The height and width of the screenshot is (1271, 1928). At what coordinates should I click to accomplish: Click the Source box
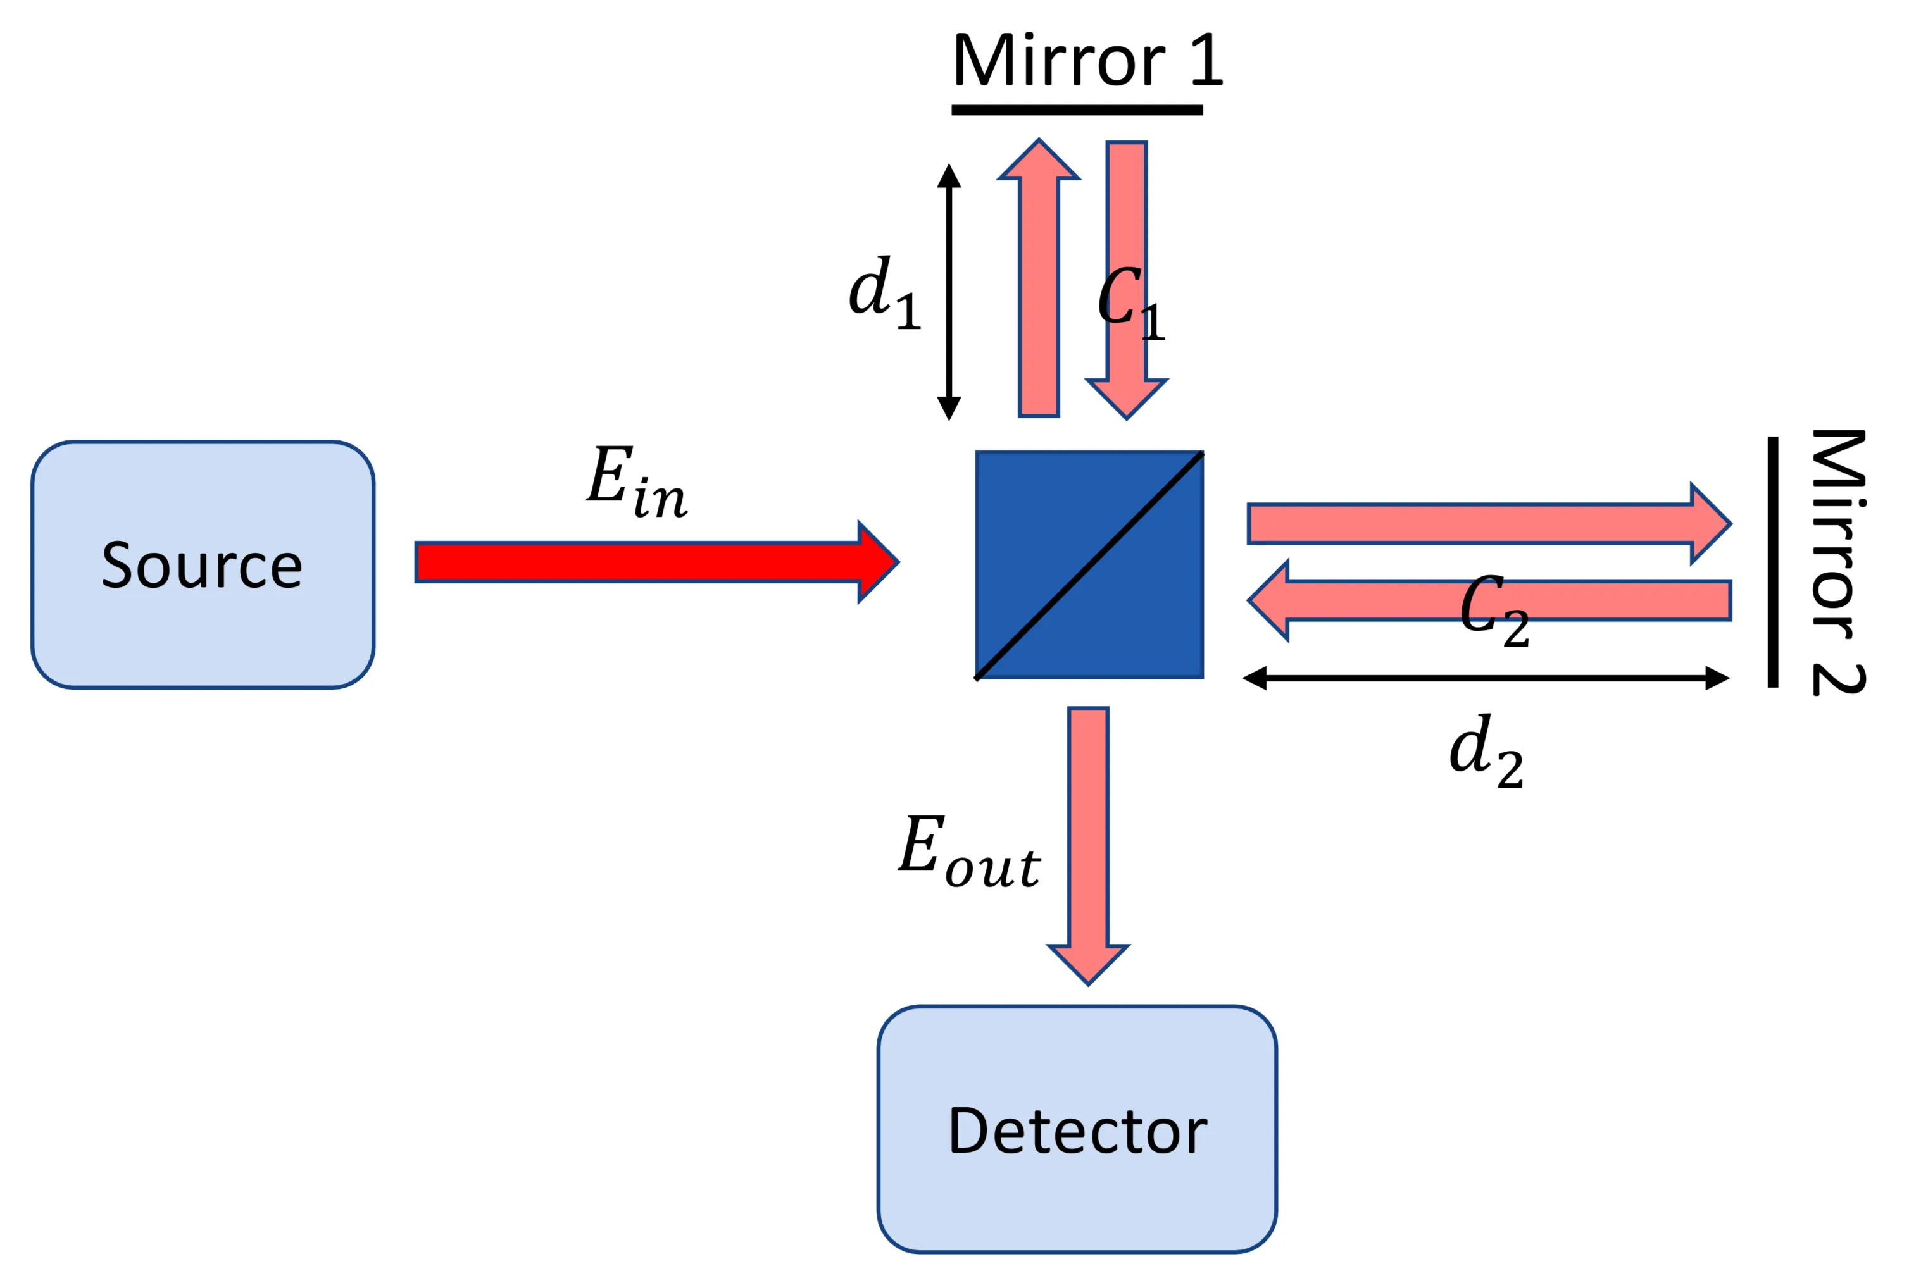pos(202,564)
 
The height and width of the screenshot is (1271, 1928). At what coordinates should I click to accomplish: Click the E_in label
pos(637,481)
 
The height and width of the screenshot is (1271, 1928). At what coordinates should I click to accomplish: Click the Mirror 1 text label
pos(1086,61)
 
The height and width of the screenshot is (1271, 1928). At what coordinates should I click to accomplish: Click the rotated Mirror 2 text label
pos(1839,562)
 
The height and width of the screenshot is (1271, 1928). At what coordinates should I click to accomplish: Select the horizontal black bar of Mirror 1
pos(1077,110)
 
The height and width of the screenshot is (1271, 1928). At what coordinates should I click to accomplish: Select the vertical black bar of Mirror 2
pos(1773,562)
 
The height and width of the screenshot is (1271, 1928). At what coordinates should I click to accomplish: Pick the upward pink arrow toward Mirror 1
pos(1039,283)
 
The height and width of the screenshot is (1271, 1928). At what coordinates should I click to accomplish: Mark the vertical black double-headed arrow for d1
pos(949,292)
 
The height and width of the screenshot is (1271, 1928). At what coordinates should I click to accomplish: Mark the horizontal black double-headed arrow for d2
pos(1486,678)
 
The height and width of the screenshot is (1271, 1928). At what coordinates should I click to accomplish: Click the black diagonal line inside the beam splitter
pos(1089,565)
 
